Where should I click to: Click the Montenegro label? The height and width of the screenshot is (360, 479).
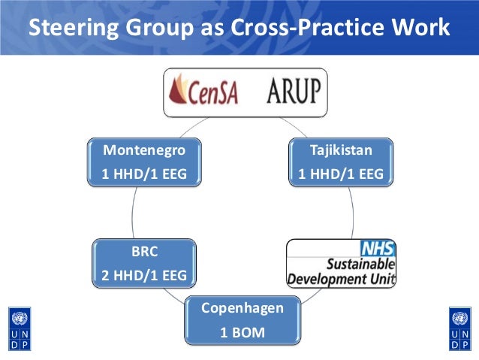point(143,150)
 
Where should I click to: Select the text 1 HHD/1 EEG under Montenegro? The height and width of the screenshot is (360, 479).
point(143,175)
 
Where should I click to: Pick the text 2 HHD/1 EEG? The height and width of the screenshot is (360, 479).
point(143,276)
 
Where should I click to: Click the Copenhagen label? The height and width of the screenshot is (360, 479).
point(242,308)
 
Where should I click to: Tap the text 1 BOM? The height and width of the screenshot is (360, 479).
point(242,331)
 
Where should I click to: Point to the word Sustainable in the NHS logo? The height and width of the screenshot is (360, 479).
point(359,265)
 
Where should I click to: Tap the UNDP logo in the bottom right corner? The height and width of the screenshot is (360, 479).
point(459,328)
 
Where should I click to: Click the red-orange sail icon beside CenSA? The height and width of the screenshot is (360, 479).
point(182,92)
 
